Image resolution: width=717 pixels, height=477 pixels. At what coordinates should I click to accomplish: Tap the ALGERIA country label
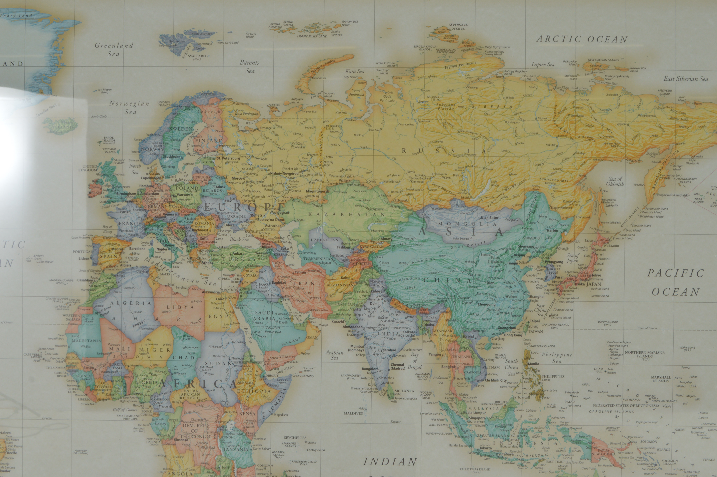pos(130,303)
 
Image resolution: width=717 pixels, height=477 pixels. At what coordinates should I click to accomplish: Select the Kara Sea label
pos(355,72)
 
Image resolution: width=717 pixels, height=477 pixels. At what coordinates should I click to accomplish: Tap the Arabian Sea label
pos(334,355)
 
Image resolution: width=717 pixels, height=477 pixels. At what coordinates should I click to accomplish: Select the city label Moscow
pos(238,178)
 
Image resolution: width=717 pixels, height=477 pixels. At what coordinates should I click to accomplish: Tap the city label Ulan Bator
pos(490,218)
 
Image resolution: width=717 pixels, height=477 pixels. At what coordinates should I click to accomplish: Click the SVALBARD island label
pos(197,56)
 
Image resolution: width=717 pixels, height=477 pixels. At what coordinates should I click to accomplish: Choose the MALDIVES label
pos(353,413)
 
